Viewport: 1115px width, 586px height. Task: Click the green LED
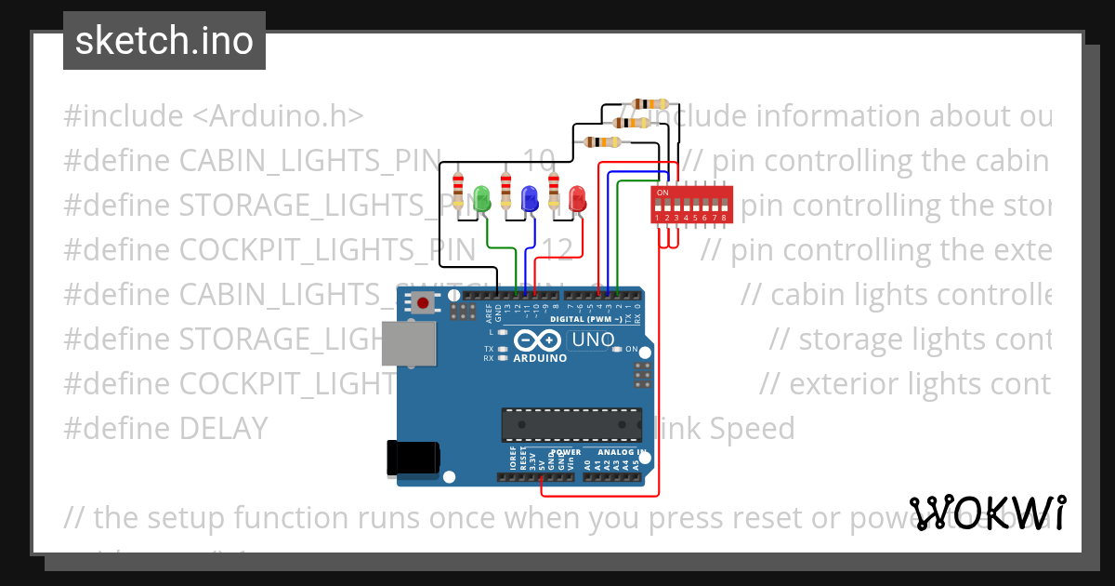(x=481, y=198)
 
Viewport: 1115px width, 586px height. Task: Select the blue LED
(x=530, y=198)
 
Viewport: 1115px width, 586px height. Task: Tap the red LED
(x=578, y=198)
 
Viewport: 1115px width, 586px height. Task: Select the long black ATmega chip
(x=571, y=424)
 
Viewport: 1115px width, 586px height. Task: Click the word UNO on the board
(x=588, y=340)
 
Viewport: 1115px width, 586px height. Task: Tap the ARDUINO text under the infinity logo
(x=540, y=358)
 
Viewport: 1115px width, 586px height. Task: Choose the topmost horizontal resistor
(x=649, y=104)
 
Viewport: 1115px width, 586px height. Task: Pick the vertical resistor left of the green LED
(x=457, y=190)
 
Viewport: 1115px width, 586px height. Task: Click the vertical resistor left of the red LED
(x=554, y=190)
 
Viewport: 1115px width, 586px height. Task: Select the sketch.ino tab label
(x=164, y=41)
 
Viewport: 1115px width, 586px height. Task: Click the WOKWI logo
(x=988, y=513)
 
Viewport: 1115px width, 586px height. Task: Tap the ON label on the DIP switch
(x=662, y=193)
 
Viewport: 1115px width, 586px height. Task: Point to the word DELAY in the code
(x=223, y=429)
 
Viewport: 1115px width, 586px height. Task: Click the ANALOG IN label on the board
(x=615, y=453)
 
